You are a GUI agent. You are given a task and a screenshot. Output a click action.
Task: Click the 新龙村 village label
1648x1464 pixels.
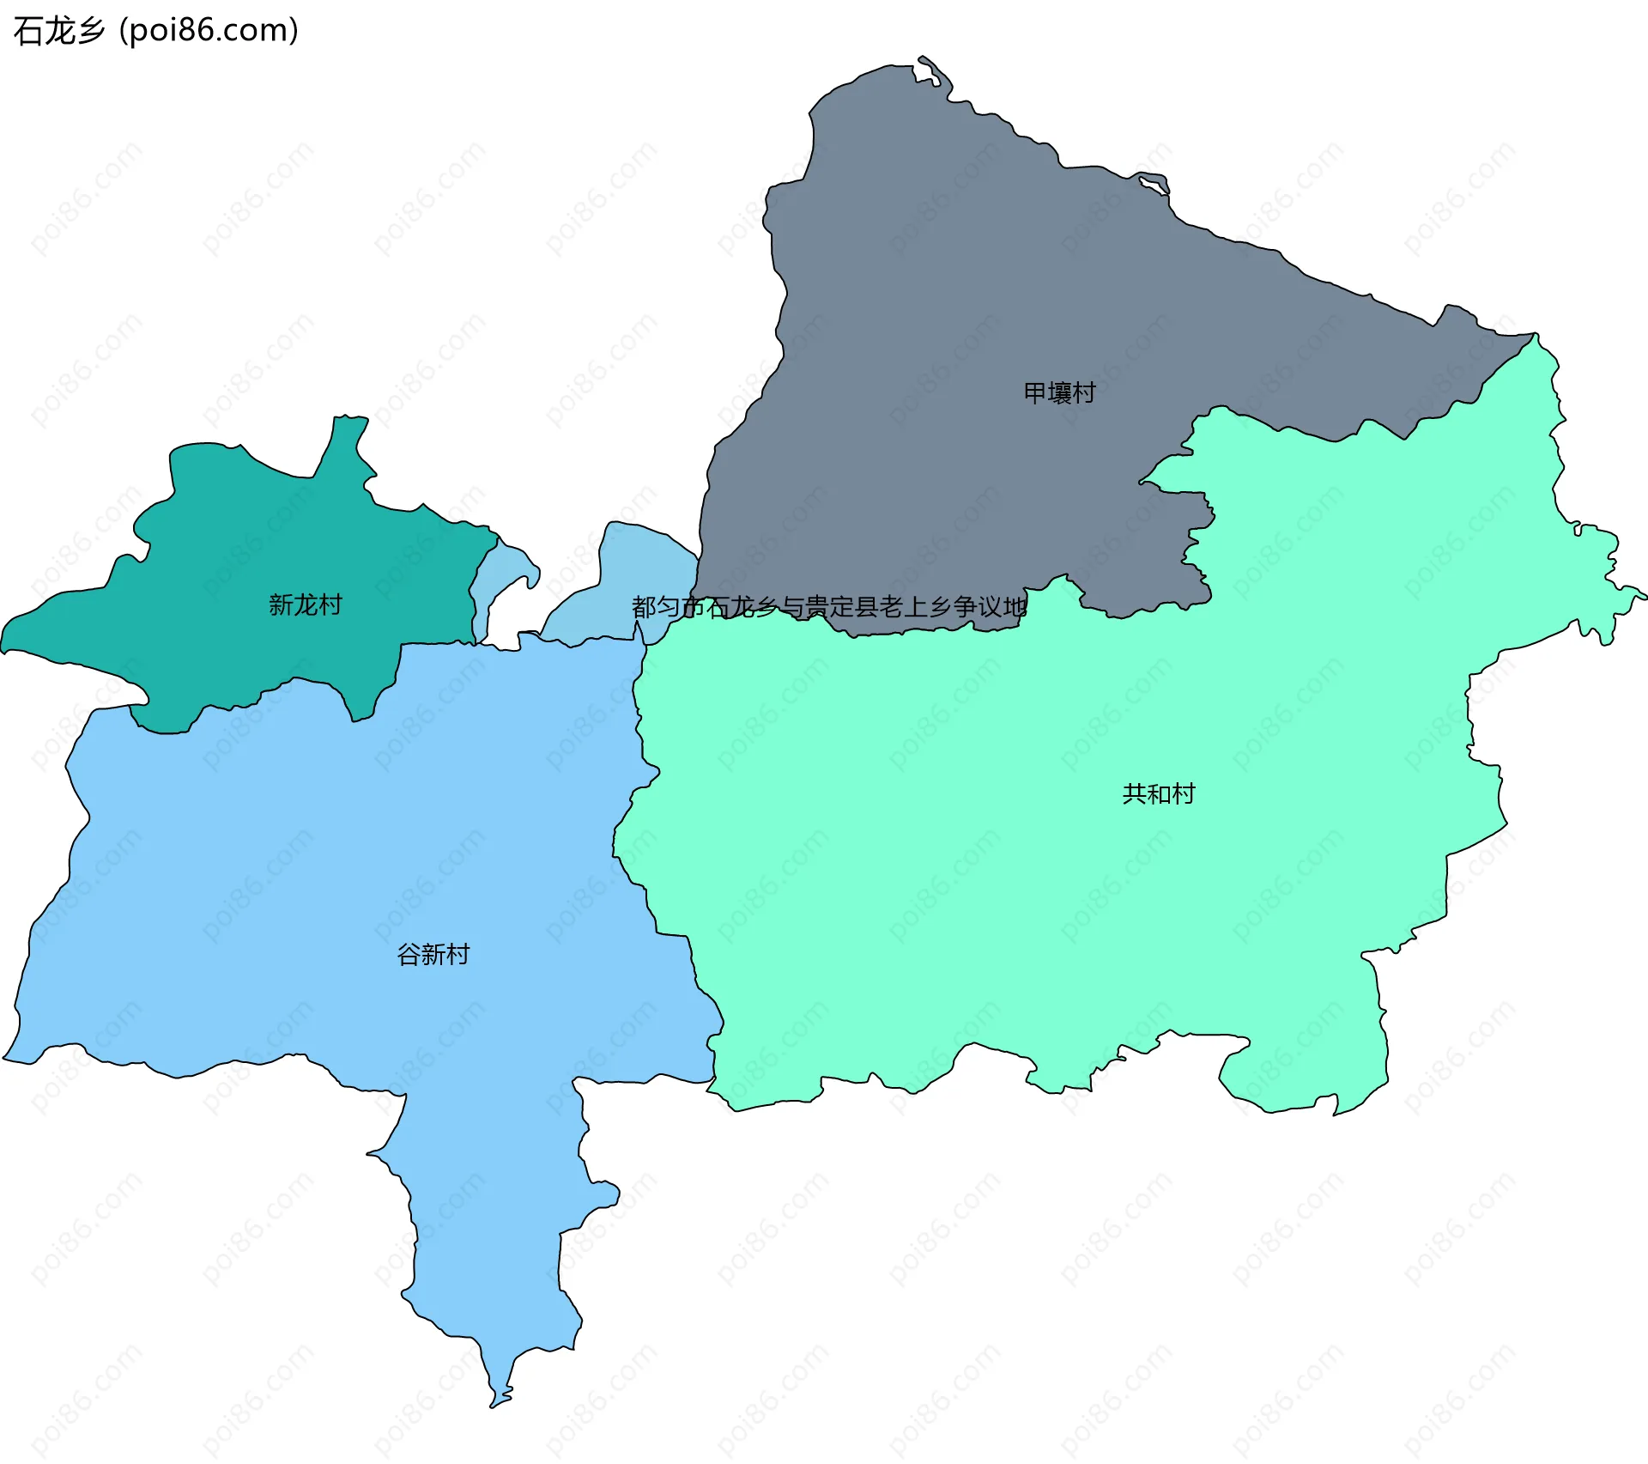[305, 605]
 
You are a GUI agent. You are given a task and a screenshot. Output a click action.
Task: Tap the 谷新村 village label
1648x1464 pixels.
[433, 955]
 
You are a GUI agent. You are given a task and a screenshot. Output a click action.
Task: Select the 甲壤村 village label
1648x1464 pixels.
[1060, 393]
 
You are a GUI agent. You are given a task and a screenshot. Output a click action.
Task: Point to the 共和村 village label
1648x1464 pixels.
[1159, 794]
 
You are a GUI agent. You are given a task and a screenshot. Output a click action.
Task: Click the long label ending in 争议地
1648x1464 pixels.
[829, 608]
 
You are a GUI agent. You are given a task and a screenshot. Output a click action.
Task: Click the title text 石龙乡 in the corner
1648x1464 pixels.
[59, 31]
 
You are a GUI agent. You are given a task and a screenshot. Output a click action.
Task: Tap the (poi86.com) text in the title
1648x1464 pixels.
[209, 31]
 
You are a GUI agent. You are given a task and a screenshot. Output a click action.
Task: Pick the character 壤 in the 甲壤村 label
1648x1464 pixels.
[1060, 393]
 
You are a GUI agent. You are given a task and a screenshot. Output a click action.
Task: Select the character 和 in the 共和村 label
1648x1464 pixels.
[1159, 794]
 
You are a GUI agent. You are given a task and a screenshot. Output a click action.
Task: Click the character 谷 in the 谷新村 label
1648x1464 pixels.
[409, 955]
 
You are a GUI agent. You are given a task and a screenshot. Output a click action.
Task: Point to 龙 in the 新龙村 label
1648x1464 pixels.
[305, 605]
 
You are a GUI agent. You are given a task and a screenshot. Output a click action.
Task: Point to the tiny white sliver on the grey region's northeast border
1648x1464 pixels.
[1150, 183]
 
